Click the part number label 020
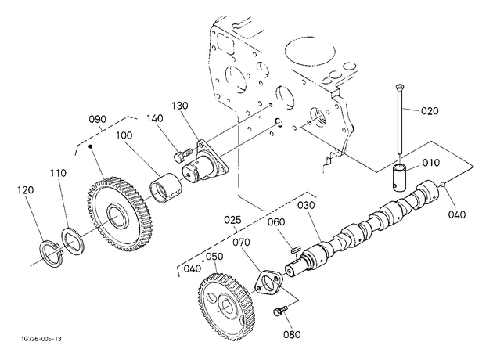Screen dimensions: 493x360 pyautogui.click(x=430, y=111)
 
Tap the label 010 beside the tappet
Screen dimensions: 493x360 pyautogui.click(x=430, y=163)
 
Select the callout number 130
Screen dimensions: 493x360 pyautogui.click(x=180, y=106)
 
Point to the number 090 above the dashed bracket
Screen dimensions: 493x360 pyautogui.click(x=98, y=120)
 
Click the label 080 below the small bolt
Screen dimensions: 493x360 pyautogui.click(x=291, y=334)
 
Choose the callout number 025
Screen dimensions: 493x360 pyautogui.click(x=232, y=220)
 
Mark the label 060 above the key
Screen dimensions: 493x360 pyautogui.click(x=276, y=222)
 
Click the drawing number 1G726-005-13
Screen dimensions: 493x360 pyautogui.click(x=41, y=339)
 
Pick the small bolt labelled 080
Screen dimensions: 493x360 pyautogui.click(x=280, y=311)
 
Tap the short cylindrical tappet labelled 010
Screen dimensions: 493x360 pyautogui.click(x=400, y=177)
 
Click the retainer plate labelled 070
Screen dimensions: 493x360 pyautogui.click(x=268, y=282)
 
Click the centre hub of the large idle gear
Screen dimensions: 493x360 pyautogui.click(x=117, y=216)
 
